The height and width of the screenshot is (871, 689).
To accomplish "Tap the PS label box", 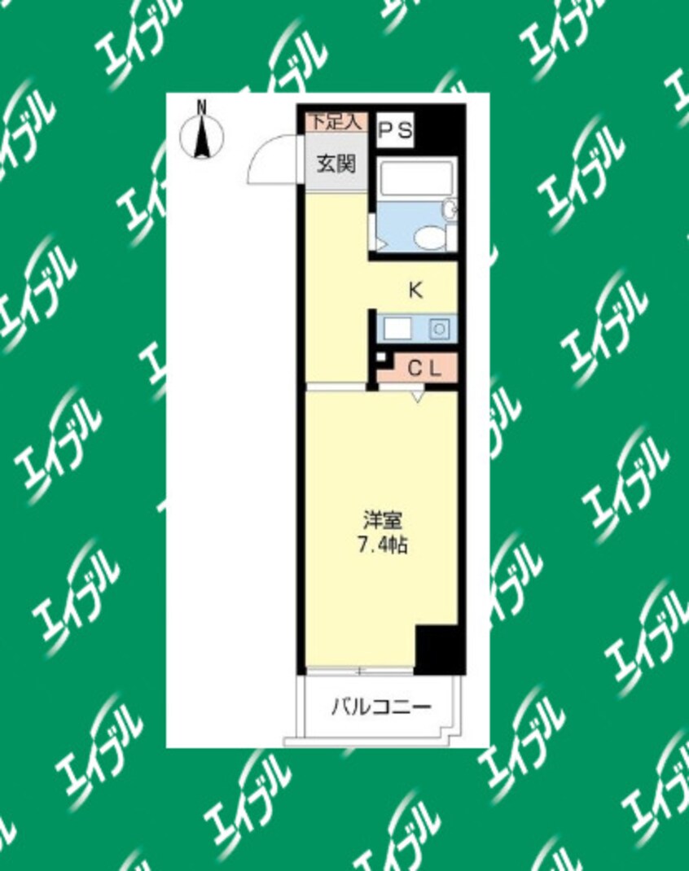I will click(395, 131).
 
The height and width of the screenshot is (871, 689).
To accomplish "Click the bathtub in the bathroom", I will click(416, 177).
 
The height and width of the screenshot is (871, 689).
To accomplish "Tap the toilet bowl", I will click(427, 238).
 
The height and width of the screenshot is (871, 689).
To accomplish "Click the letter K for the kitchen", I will click(415, 290).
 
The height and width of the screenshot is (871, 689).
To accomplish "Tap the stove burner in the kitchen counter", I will click(438, 329).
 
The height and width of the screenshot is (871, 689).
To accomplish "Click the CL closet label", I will click(423, 368).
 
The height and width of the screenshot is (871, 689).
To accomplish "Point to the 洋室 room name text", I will click(380, 519).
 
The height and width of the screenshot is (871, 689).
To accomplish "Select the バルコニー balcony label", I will click(380, 707).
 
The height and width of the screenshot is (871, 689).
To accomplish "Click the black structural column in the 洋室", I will click(438, 648).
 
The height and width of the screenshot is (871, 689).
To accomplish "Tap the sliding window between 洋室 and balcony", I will click(359, 672).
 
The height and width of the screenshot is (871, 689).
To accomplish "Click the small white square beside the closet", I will click(380, 357).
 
